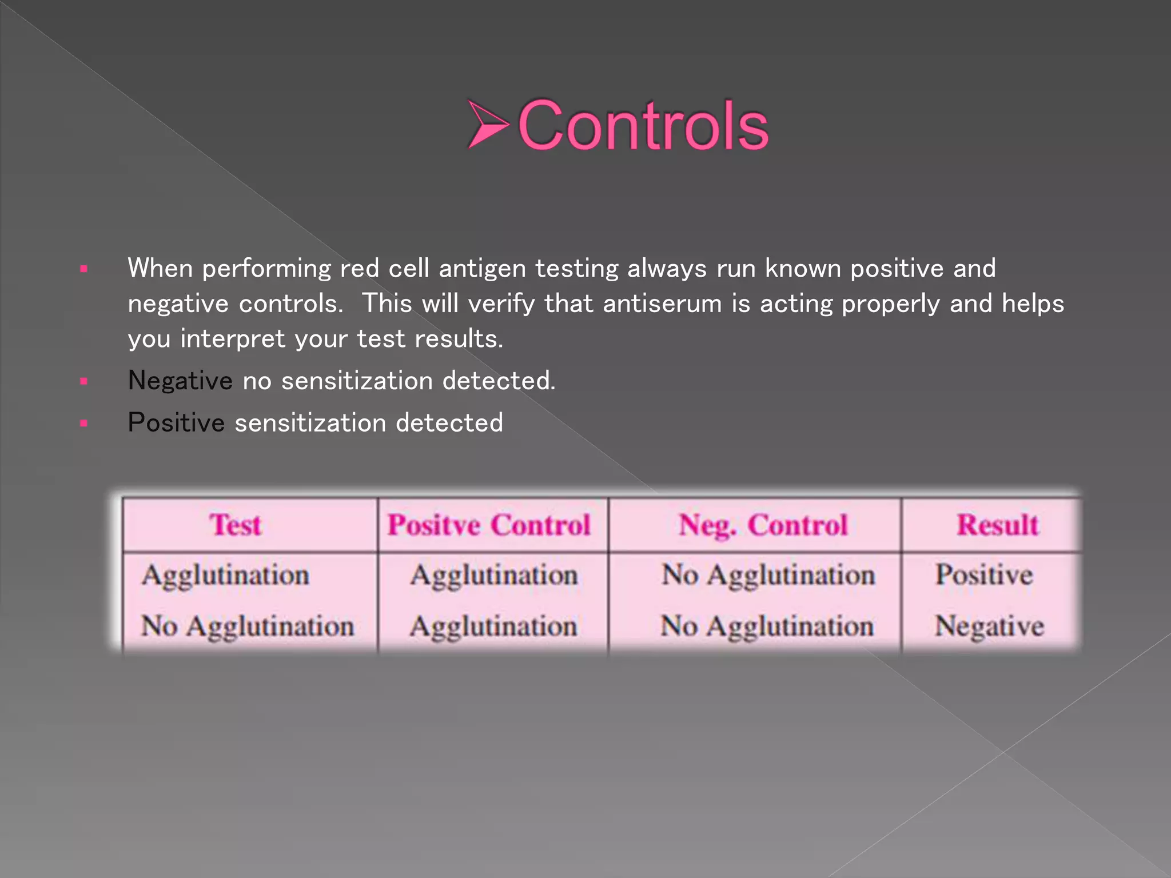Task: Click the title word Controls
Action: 643,125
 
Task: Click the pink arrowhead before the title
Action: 488,124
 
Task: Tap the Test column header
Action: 236,525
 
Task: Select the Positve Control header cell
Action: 489,525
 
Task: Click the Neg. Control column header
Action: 763,525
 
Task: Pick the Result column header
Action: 997,525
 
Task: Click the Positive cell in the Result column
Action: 984,574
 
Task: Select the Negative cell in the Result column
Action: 989,626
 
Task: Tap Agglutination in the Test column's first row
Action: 226,575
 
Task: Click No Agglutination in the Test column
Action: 248,626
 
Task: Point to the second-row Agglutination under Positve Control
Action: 493,626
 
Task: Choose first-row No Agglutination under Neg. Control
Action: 768,575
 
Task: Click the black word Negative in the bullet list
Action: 180,381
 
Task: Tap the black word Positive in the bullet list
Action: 176,423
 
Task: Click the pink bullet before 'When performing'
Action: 84,269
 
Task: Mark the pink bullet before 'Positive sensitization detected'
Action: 84,424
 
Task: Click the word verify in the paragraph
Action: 501,304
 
